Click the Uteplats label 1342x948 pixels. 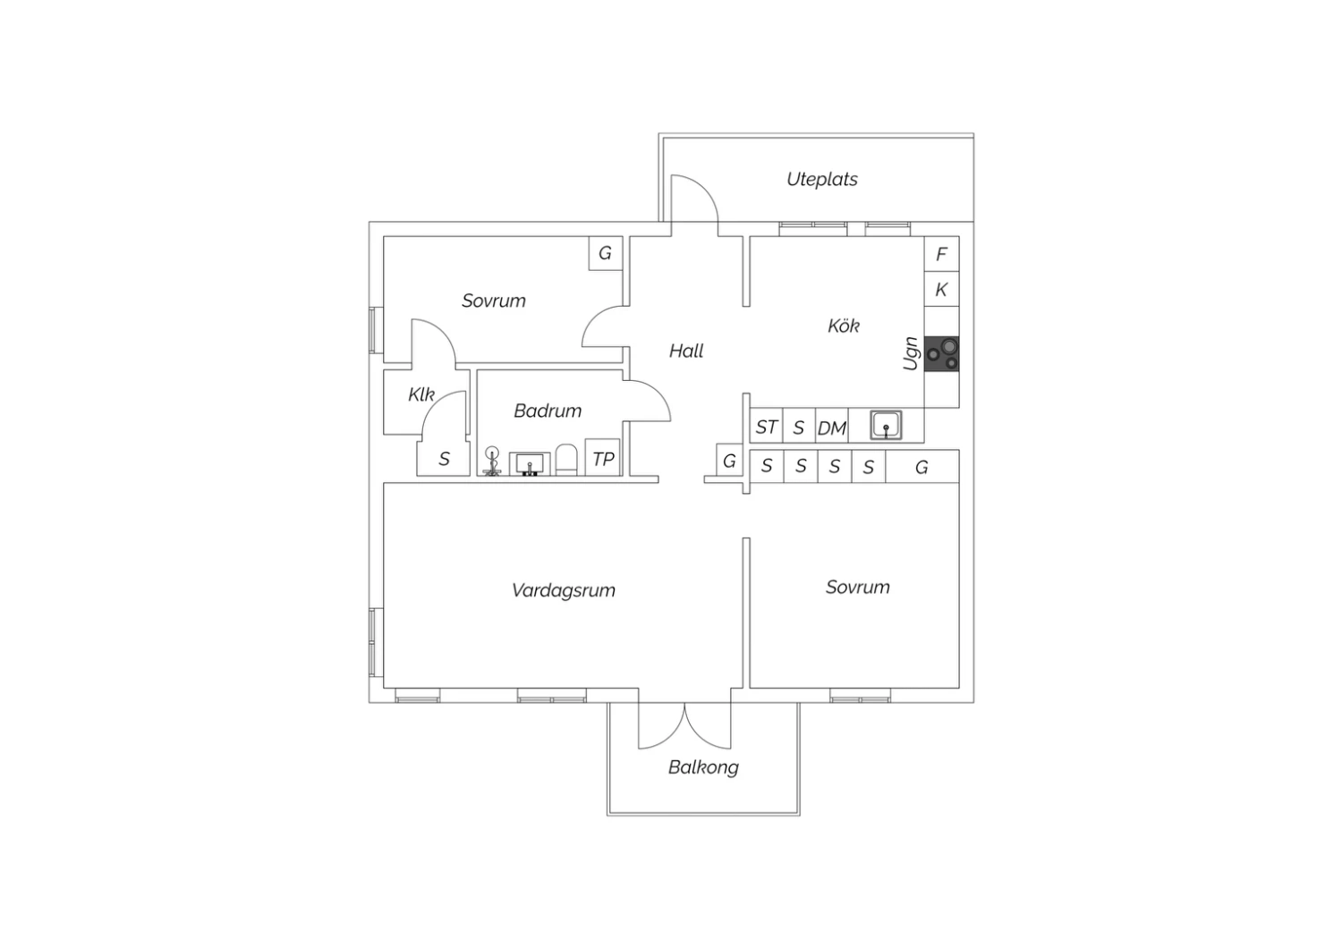822,179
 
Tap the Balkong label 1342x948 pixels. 703,767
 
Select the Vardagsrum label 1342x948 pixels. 563,590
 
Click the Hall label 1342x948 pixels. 686,351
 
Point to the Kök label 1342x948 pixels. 844,326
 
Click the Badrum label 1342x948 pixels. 548,411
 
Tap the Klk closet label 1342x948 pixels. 421,394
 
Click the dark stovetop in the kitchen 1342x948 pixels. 941,354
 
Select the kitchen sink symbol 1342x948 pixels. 886,425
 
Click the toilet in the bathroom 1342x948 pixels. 566,460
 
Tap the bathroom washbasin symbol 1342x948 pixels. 530,464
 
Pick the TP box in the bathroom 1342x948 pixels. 602,458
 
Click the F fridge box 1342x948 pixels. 941,255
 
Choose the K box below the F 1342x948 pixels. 941,290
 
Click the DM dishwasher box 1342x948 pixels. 831,426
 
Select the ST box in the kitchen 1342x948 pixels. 766,426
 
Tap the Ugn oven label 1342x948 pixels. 911,353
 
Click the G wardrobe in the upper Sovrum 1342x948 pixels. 606,253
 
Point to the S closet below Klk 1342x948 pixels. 444,459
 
